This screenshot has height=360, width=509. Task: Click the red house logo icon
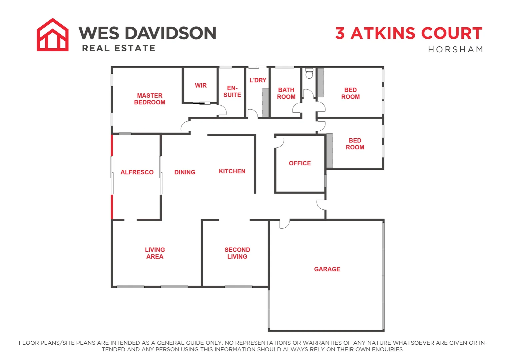coord(53,35)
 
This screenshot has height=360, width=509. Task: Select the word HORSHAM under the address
coord(455,50)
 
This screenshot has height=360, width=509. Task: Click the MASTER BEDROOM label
coord(150,99)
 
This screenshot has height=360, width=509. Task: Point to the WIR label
coord(201,86)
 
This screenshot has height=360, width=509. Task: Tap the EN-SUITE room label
coord(232,92)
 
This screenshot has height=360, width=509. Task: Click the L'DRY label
coord(258,80)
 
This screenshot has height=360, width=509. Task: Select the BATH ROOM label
coord(286,93)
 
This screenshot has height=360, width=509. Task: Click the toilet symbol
coord(309,73)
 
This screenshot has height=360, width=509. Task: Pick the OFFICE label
coord(300,163)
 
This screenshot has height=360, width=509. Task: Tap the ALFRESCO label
coord(137,172)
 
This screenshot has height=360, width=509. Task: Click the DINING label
coord(185,172)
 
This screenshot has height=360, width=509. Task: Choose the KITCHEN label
coord(232,171)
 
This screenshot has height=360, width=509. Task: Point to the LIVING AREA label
coord(155,253)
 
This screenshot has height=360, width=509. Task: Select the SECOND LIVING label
coord(237,253)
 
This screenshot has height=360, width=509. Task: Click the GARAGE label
coord(327,269)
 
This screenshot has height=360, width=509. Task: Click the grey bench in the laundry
coord(265,102)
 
